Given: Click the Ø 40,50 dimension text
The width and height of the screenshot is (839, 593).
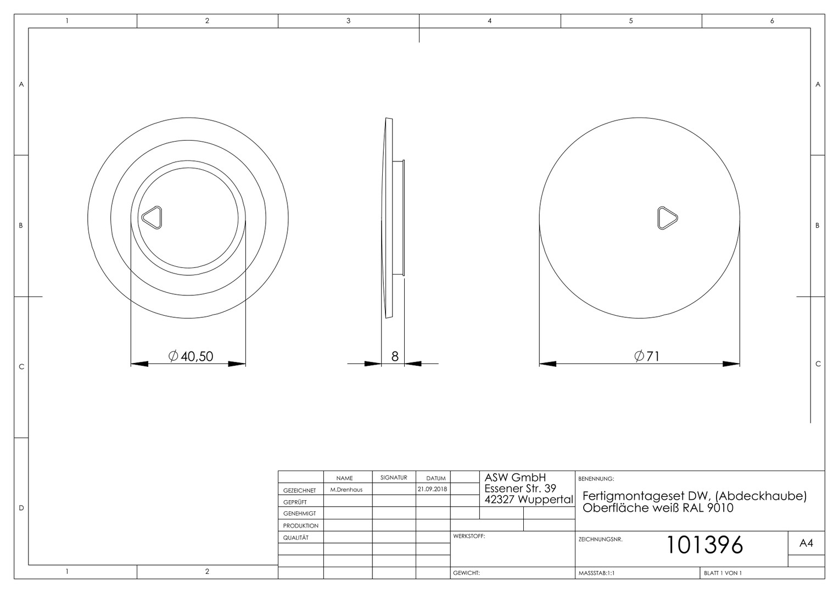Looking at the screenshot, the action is (191, 356).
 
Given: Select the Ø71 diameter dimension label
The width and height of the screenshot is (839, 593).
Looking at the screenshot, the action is (647, 356).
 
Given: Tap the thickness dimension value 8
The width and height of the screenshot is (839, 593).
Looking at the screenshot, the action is (395, 356).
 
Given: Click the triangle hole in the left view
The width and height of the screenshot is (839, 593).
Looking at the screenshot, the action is (152, 217).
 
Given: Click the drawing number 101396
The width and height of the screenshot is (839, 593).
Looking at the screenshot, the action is (704, 545).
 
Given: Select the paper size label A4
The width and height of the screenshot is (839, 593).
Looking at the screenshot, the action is (806, 543).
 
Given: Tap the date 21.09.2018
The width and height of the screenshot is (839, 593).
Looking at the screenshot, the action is (433, 489).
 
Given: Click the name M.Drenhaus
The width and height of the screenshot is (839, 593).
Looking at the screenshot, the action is (346, 490).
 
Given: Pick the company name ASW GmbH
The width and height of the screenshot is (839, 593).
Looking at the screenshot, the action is (515, 478).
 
